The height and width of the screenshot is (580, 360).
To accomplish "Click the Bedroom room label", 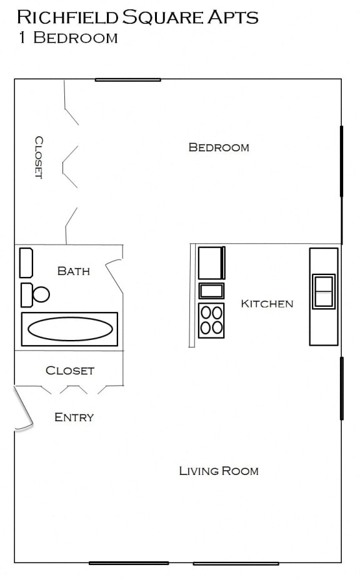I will point(219,147).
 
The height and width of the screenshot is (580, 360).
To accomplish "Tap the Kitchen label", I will point(267,304).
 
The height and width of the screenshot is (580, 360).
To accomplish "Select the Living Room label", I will point(219,471).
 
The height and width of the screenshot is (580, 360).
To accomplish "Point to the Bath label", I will point(73,271).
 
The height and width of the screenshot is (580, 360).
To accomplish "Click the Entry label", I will point(74,417).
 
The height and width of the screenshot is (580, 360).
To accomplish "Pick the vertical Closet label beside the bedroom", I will point(38,157).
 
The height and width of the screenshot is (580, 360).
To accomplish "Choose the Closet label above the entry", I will point(70,371).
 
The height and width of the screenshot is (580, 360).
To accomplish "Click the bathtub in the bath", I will point(69,329).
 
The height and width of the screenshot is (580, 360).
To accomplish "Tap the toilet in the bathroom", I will point(36,294).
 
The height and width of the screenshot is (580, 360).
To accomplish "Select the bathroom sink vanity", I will point(26,263).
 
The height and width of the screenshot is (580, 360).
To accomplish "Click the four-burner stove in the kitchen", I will point(211,320).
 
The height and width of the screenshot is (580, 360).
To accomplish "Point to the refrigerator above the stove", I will point(211,263).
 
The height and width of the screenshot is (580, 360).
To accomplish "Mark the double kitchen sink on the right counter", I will point(324,291).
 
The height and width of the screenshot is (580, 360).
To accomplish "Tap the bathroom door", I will point(114,275).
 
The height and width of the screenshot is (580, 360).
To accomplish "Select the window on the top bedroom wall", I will point(128,79).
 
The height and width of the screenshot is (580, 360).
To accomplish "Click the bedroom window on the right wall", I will point(341,161).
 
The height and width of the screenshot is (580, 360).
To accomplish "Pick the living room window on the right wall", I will point(341,388).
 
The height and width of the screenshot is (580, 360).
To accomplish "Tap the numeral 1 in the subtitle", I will point(22,37).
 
